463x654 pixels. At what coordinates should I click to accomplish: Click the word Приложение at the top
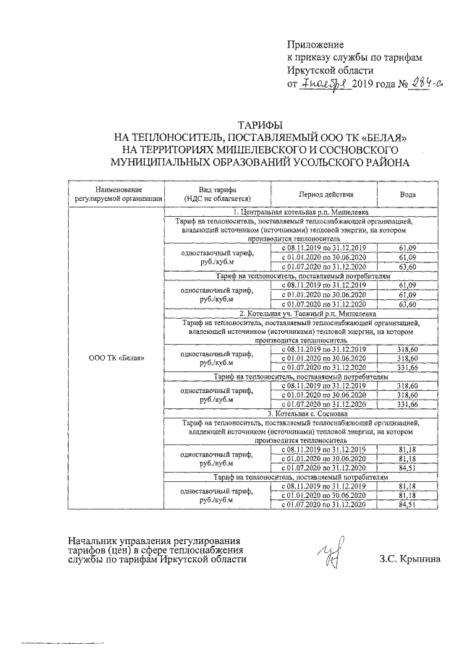(315, 45)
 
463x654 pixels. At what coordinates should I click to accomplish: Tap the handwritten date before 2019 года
(326, 85)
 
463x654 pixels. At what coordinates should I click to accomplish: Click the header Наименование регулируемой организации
(116, 195)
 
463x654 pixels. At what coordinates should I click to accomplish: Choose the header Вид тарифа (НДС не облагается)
(218, 195)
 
